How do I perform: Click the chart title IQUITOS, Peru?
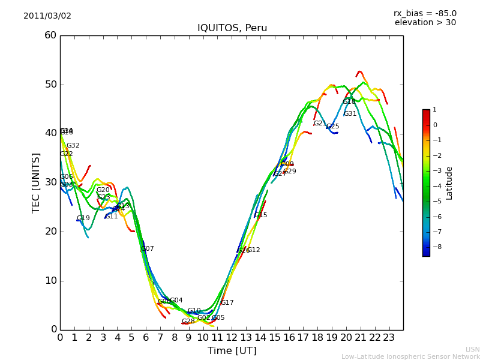[232, 28]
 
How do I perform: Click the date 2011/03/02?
[47, 16]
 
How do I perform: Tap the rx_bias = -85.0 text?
[425, 13]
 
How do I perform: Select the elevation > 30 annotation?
[425, 23]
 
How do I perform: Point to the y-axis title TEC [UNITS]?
[36, 182]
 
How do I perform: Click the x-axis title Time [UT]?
[232, 351]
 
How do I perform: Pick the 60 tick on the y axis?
[50, 35]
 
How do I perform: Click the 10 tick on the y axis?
[50, 280]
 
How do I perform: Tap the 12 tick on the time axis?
[232, 337]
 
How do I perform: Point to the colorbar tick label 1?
[434, 110]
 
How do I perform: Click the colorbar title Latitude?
[449, 182]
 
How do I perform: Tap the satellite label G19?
[83, 218]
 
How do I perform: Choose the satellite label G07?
[148, 249]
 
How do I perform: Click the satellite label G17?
[227, 303]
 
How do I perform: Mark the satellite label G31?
[350, 114]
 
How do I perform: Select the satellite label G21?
[320, 124]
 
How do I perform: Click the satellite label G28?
[188, 322]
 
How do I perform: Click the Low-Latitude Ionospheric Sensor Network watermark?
[410, 356]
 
